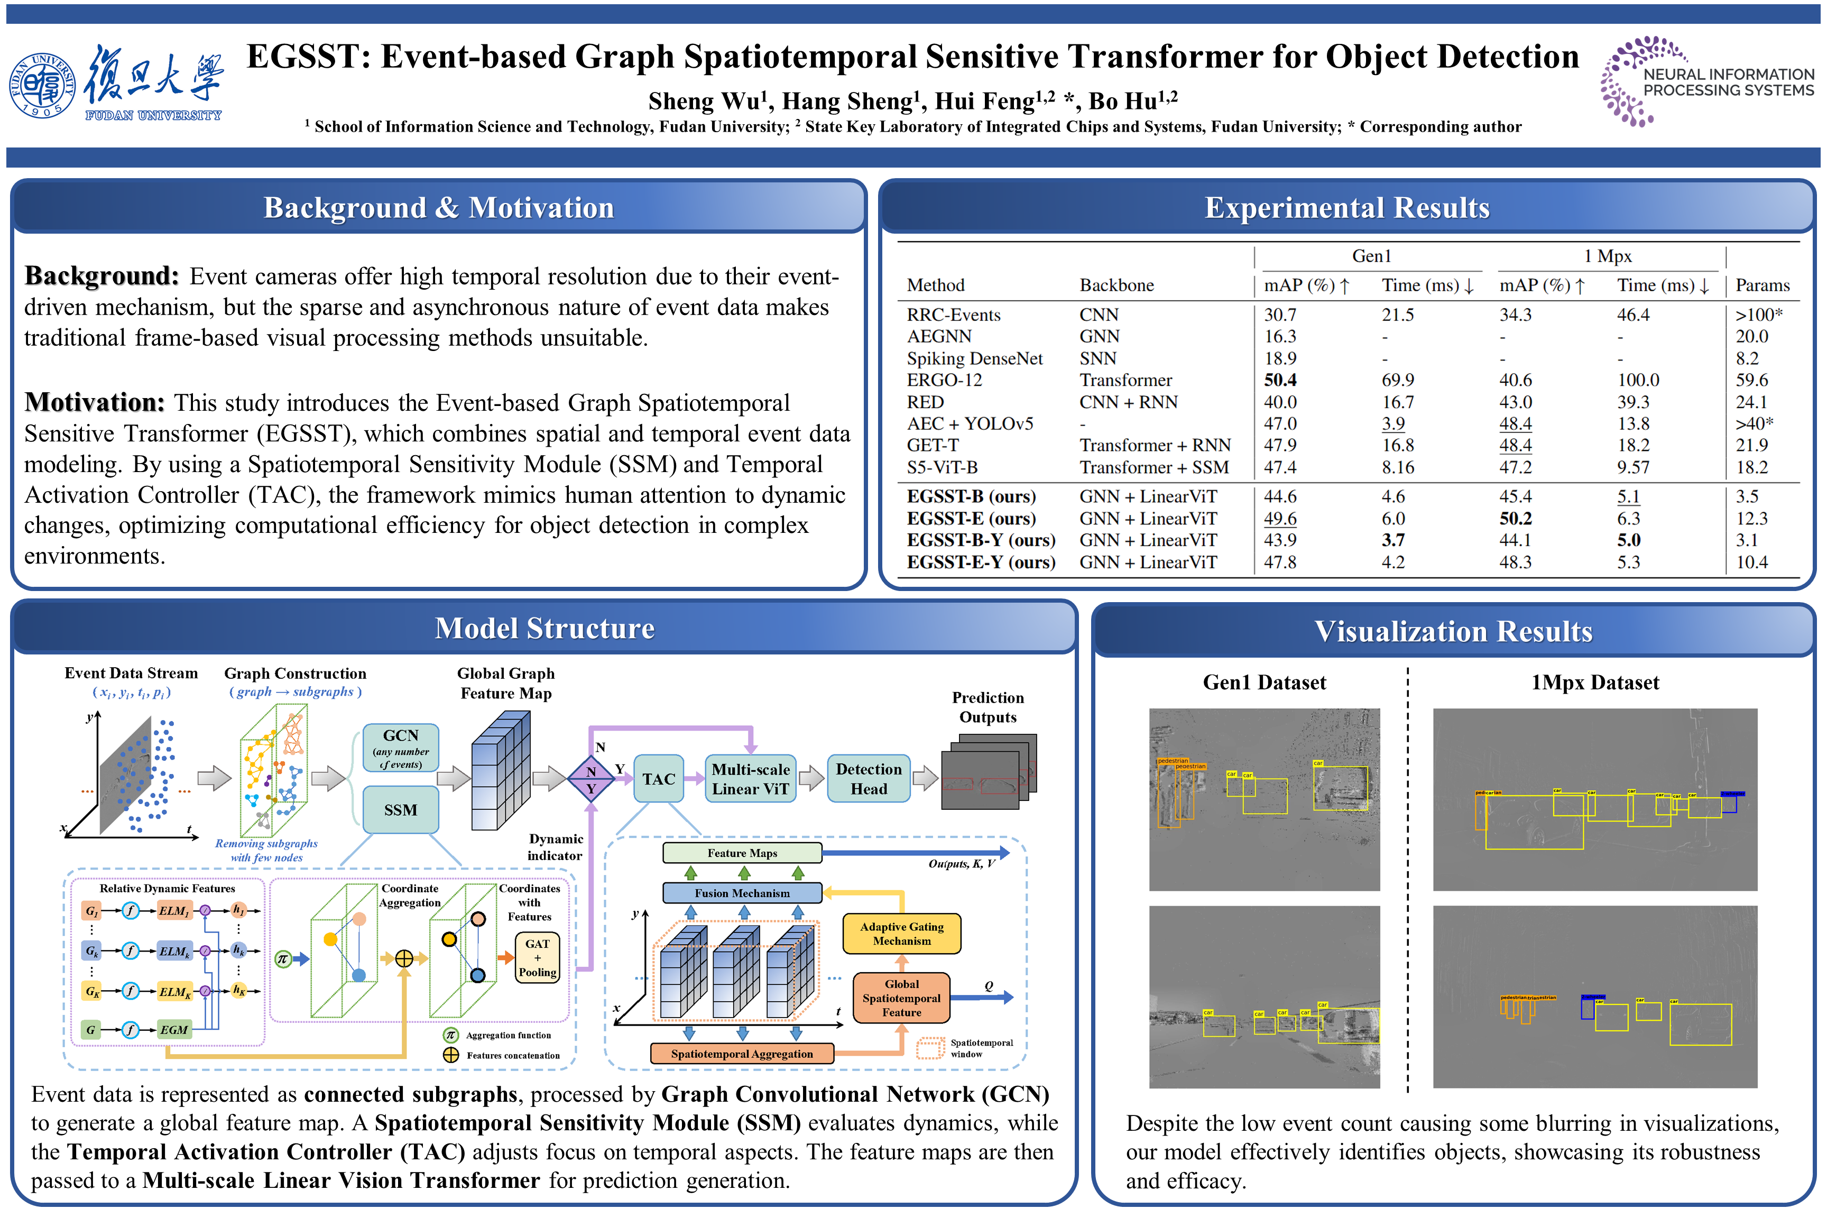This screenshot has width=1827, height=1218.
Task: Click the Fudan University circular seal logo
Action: (43, 86)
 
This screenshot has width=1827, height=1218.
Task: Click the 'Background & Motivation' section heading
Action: (439, 207)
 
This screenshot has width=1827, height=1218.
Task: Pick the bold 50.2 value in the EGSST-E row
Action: (1515, 518)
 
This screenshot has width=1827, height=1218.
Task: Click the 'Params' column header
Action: (1763, 285)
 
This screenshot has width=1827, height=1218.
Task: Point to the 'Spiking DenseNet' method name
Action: (975, 358)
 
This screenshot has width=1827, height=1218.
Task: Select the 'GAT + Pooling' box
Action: (538, 958)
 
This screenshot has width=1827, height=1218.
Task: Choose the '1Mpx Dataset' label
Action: (1595, 683)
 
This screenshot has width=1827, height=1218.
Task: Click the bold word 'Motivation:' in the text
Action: (95, 402)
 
